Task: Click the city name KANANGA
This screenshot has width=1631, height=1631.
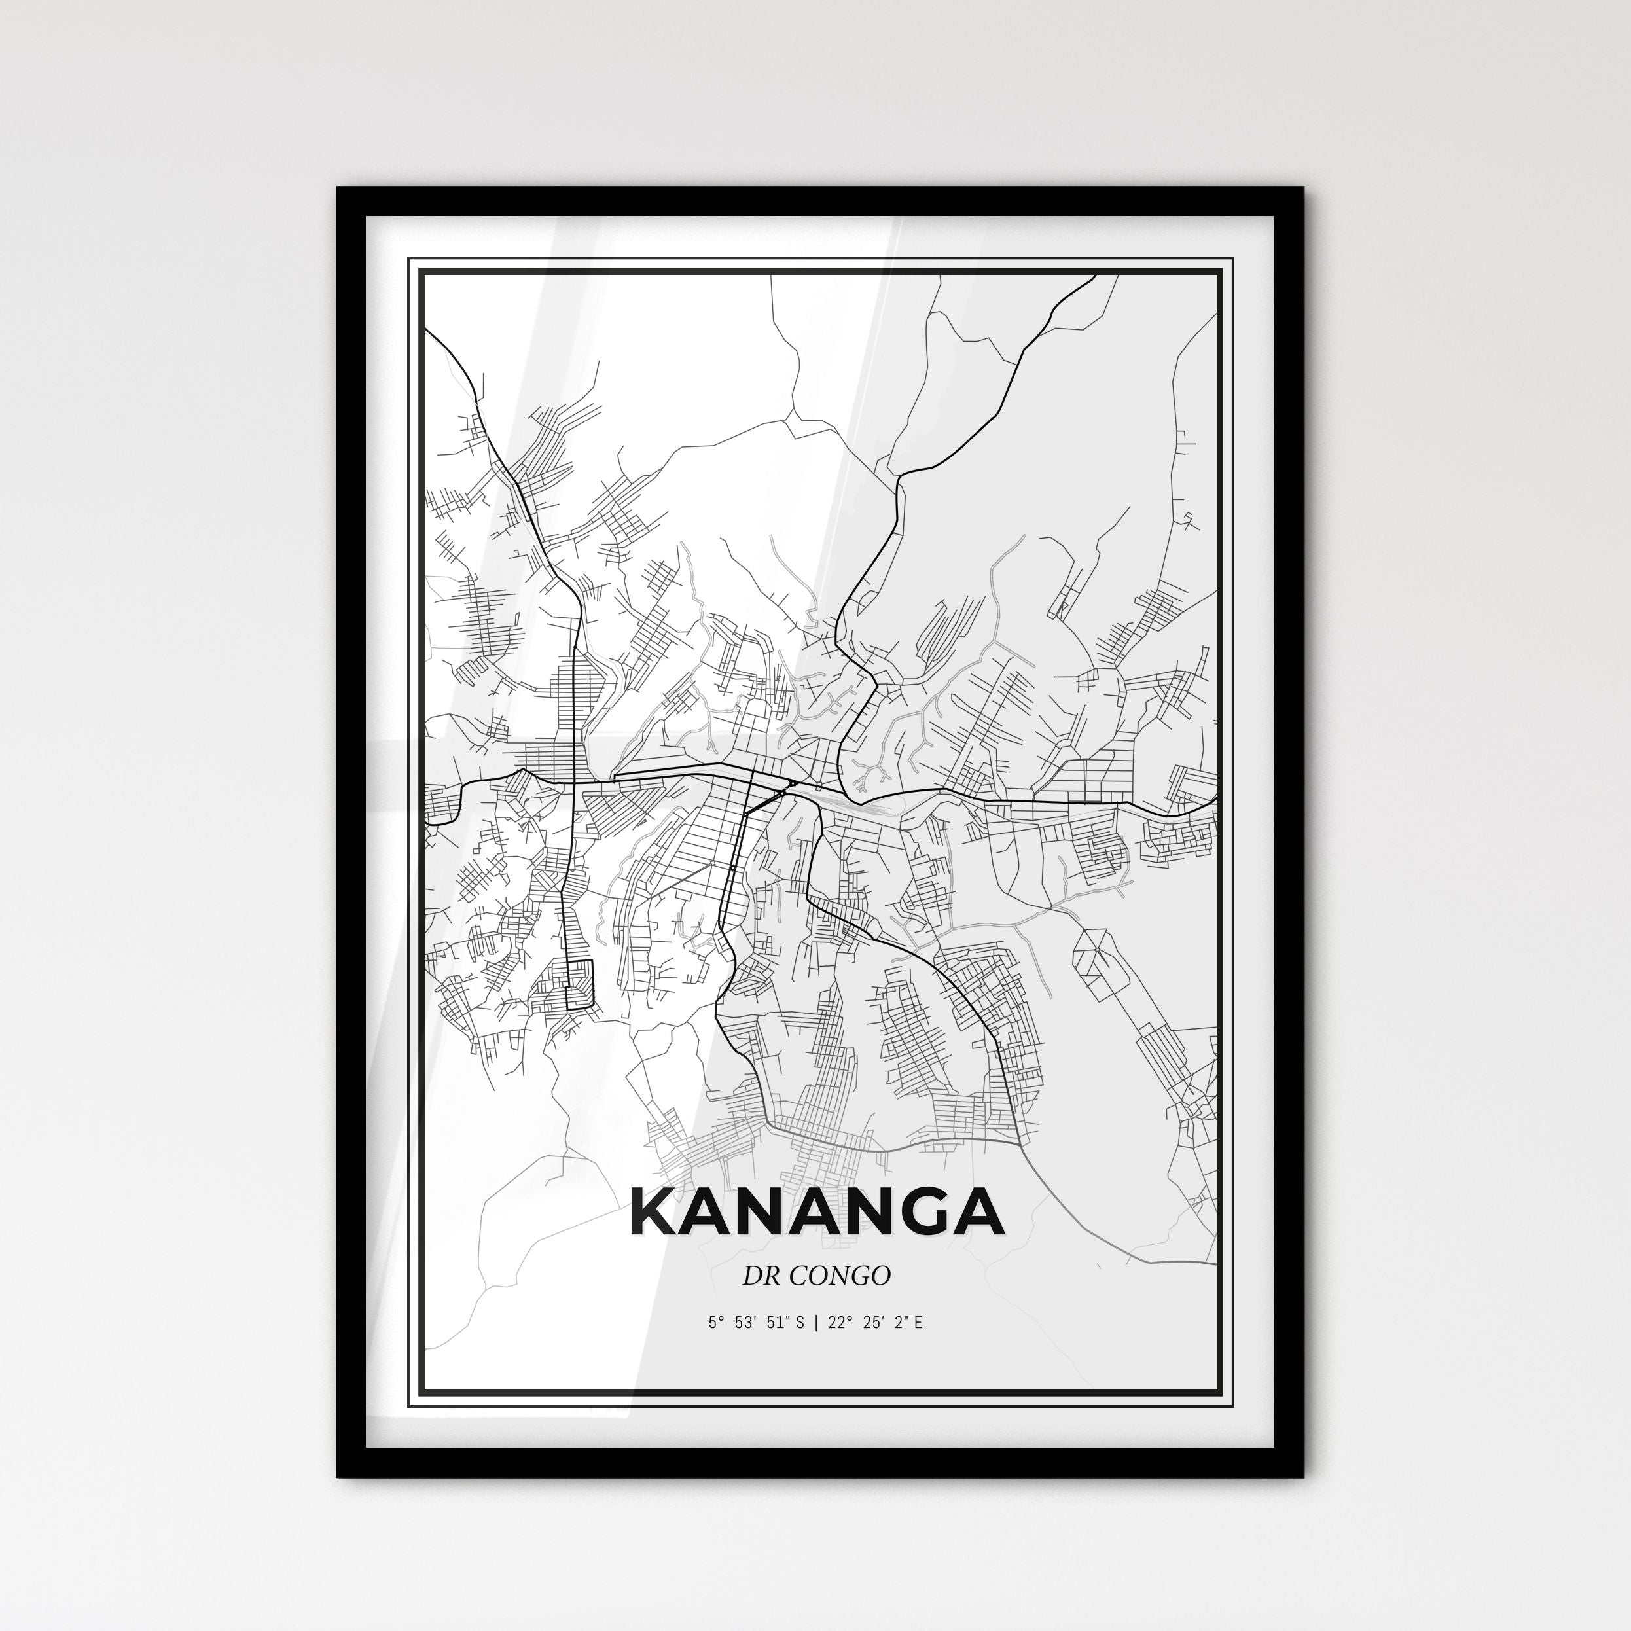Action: [816, 1213]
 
